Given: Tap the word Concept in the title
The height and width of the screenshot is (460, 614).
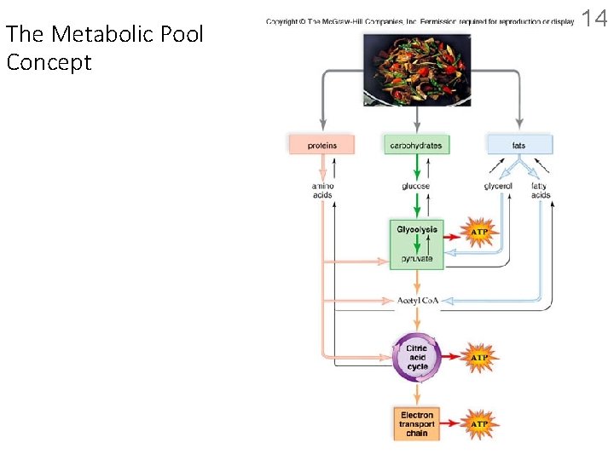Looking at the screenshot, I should (49, 62).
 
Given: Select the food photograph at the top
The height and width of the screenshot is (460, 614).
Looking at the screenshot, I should (416, 70).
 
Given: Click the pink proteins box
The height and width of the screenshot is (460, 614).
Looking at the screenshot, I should (321, 145).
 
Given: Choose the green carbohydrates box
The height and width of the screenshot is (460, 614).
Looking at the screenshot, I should (416, 145).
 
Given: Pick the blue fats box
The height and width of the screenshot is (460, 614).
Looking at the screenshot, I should (519, 145).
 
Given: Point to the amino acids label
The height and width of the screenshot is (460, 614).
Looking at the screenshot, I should (321, 190).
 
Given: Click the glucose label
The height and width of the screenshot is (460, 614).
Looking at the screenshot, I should (416, 186).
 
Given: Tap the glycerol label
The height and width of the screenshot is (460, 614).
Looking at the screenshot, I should (498, 186).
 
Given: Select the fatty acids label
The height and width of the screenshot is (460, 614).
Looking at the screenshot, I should (540, 190).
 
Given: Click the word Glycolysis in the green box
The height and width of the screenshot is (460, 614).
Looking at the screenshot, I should (417, 230).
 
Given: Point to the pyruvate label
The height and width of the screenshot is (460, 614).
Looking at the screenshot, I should (417, 258).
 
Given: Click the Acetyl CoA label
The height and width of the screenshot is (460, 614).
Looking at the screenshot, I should (417, 301).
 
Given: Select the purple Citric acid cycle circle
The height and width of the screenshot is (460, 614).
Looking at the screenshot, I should (417, 357).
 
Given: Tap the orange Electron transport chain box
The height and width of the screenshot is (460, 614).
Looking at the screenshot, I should (417, 423).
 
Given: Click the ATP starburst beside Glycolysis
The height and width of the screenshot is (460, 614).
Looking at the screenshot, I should (480, 231).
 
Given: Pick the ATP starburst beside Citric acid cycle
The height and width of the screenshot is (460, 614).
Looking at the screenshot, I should (480, 358).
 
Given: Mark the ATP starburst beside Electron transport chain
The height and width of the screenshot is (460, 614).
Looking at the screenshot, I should (480, 423).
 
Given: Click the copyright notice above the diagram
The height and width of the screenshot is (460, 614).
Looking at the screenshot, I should (420, 20).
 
